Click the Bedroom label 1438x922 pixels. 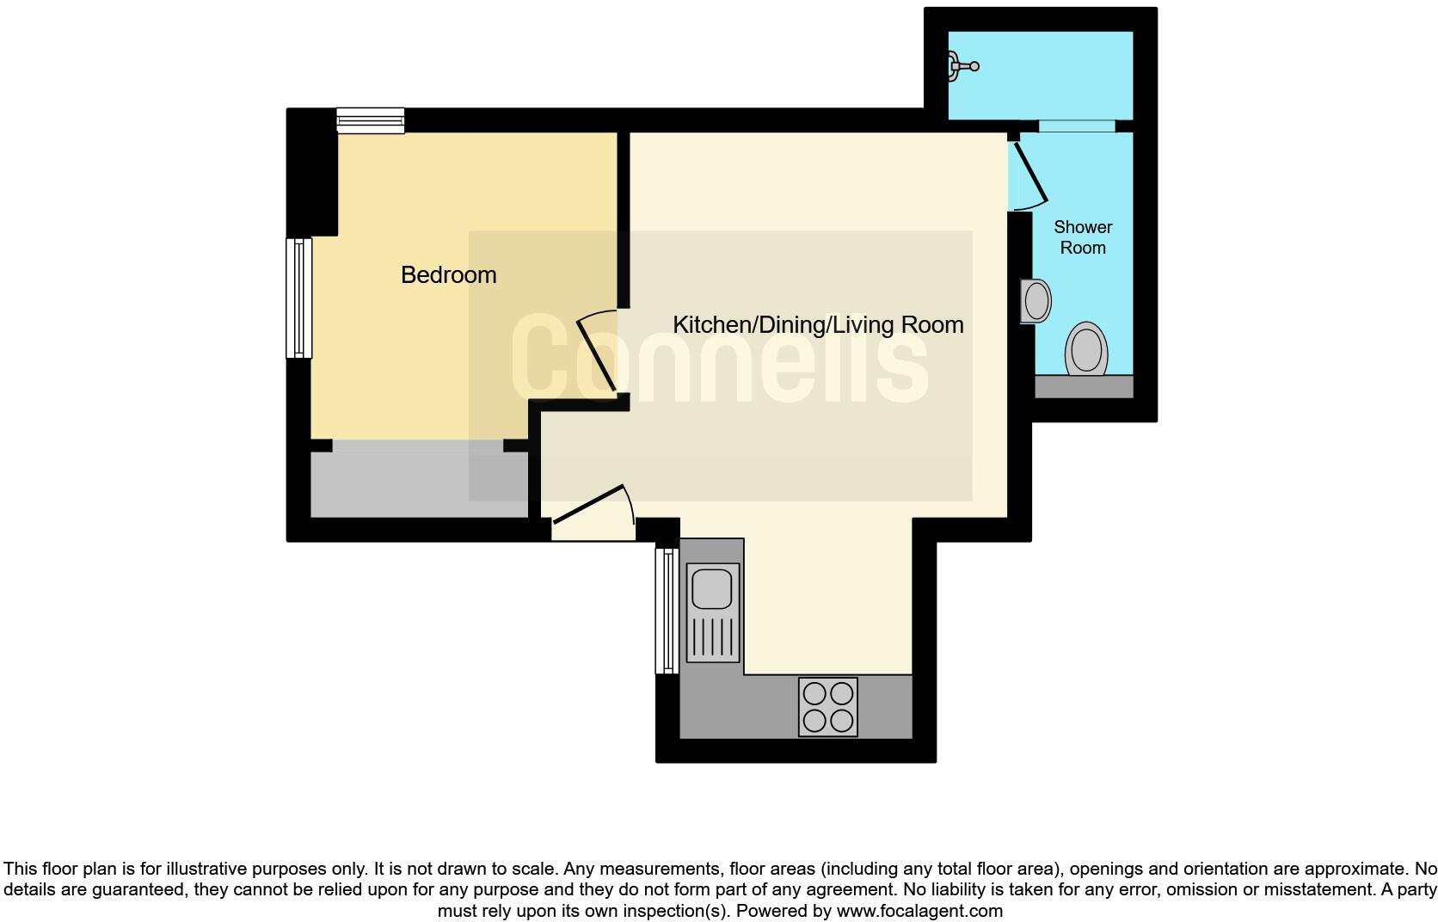click(448, 275)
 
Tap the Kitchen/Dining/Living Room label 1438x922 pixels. click(817, 325)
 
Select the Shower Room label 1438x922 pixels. click(1082, 237)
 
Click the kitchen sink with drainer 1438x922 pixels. click(713, 612)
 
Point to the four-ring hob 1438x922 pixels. click(827, 707)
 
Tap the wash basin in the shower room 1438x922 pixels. click(1036, 301)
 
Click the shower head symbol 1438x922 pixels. click(961, 65)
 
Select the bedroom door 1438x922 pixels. click(596, 353)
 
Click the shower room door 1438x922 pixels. click(1029, 173)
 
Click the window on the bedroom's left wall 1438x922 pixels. click(298, 298)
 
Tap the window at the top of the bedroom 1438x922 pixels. click(370, 120)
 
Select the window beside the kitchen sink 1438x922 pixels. click(667, 611)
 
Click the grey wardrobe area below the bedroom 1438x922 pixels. click(419, 482)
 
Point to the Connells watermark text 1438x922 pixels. click(719, 359)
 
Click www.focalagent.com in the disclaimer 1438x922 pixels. click(919, 911)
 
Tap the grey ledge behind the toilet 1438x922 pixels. click(1083, 386)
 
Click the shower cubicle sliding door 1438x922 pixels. click(1076, 126)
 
